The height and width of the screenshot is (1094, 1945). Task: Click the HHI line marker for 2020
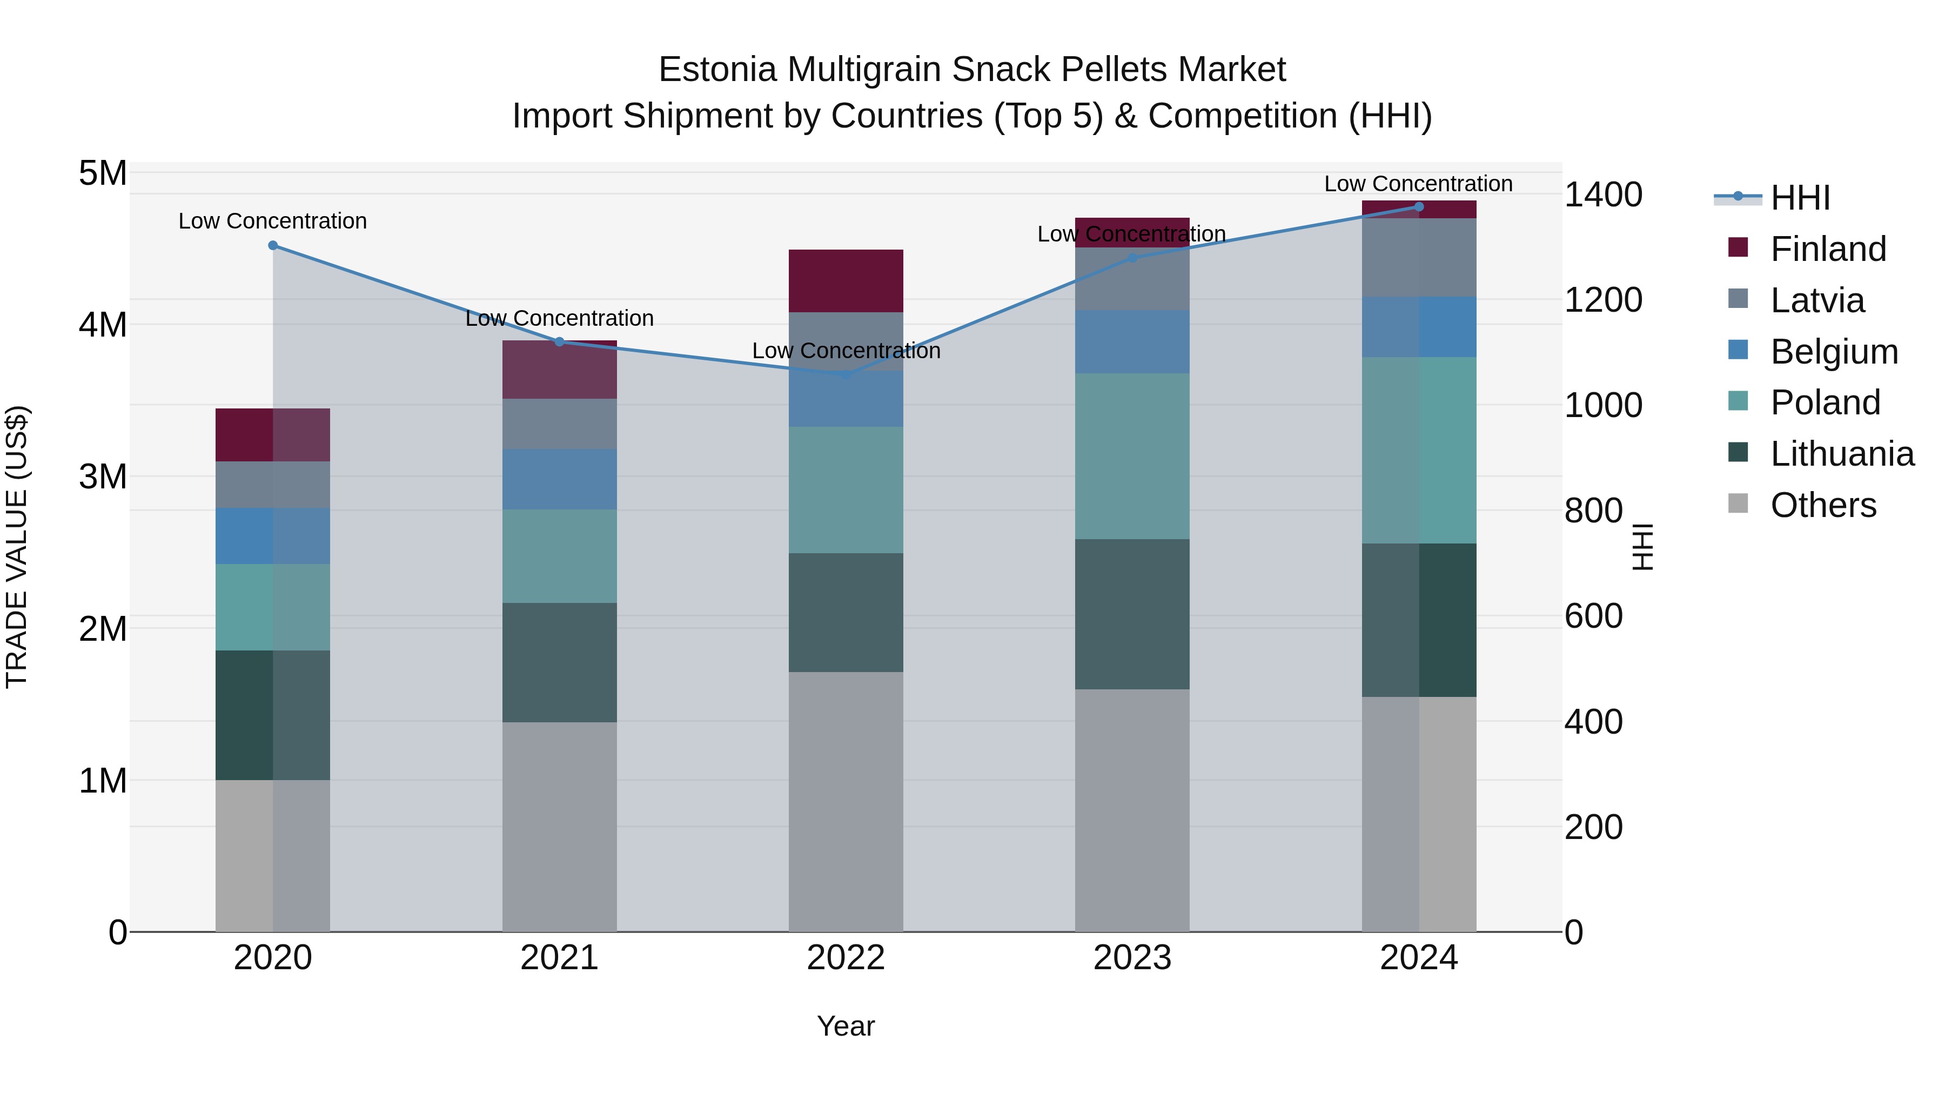273,245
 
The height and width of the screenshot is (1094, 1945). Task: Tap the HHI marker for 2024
1419,207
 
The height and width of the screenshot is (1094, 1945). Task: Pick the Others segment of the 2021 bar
560,827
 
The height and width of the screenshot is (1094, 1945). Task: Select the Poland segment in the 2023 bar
1132,456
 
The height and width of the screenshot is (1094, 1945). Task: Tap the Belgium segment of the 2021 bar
560,479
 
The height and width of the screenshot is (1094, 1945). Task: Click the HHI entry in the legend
1800,198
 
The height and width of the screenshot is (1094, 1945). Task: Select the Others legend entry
1823,505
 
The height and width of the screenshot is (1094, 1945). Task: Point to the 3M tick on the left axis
103,477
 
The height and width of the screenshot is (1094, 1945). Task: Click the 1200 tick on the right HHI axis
1602,300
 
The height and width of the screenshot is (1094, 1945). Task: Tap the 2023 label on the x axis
1132,958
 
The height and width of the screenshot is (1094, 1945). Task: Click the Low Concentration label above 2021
560,319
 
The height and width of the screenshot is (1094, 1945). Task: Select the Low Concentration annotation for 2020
273,221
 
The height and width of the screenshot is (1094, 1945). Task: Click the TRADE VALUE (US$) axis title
17,547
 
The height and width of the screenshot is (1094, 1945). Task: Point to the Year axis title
846,1026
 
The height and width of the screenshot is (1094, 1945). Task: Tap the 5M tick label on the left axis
103,173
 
